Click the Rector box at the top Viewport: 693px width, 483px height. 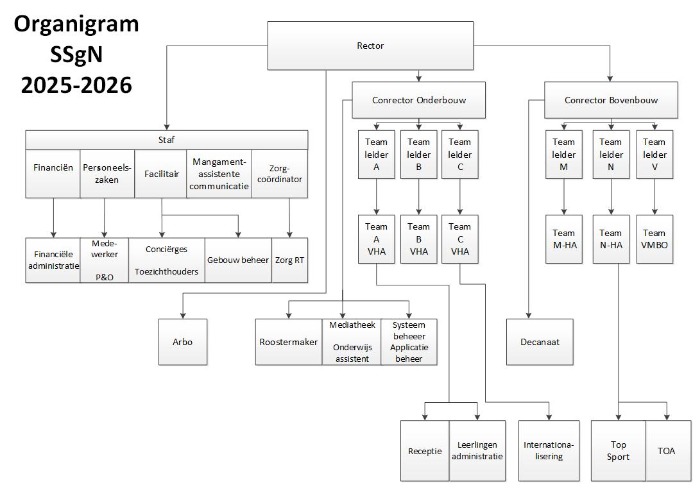click(x=370, y=46)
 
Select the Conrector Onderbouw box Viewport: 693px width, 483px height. click(x=418, y=100)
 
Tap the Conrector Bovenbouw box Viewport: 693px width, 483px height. click(x=611, y=100)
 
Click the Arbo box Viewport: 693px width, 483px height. click(x=183, y=342)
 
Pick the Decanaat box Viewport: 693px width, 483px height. click(x=540, y=342)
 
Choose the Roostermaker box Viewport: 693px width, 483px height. click(x=288, y=342)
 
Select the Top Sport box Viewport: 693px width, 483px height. click(x=618, y=450)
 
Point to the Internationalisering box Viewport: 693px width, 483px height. click(x=549, y=450)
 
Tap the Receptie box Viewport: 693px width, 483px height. click(x=425, y=450)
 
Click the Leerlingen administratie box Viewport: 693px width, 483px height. click(x=477, y=450)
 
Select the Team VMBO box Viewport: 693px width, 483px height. click(x=654, y=239)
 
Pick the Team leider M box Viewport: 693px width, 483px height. click(x=563, y=155)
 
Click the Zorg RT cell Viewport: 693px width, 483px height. click(x=289, y=260)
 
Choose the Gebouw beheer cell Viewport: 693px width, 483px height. click(x=238, y=260)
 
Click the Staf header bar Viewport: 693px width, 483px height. click(x=166, y=140)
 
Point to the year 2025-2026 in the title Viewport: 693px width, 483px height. click(x=76, y=84)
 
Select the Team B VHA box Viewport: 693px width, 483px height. click(x=418, y=239)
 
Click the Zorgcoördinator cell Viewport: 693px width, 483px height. click(x=279, y=173)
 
